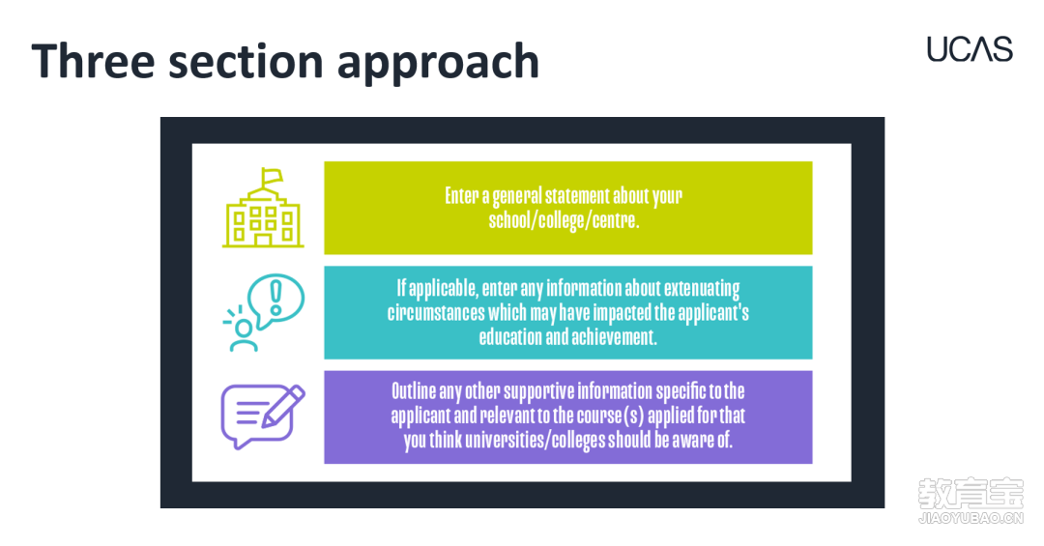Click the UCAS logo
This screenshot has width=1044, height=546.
click(970, 49)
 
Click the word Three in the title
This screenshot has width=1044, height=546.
click(93, 61)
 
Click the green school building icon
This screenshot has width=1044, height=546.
click(263, 208)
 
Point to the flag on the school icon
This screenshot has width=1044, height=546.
click(272, 177)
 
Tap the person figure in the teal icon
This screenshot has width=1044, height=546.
click(243, 335)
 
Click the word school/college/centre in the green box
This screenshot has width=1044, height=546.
click(564, 220)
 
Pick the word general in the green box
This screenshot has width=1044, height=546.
click(516, 196)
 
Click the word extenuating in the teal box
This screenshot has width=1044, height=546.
click(702, 288)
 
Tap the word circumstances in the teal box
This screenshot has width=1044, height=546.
click(435, 312)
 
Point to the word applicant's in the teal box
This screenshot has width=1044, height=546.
click(713, 313)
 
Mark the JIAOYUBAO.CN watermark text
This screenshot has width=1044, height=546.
click(971, 518)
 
